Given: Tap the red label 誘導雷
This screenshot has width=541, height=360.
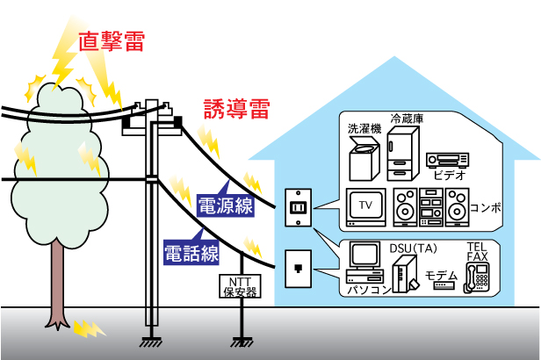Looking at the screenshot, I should click(x=236, y=108).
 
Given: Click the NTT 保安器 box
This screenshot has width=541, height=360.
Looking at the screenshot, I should click(x=238, y=286).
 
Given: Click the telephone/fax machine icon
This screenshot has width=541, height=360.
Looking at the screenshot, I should click(x=480, y=276).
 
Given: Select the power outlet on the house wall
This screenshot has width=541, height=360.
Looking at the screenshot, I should click(x=296, y=209).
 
